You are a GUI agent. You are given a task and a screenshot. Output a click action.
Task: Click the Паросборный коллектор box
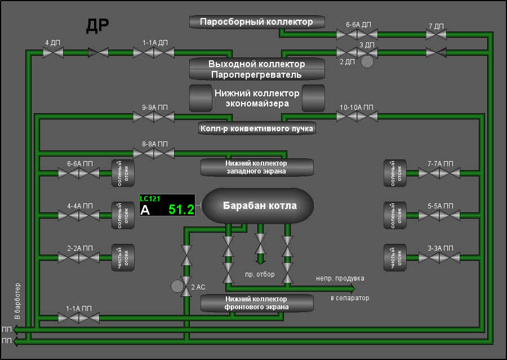click(x=257, y=22)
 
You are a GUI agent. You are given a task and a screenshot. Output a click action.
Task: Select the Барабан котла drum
click(x=258, y=206)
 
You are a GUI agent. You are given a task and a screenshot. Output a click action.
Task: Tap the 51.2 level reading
click(x=181, y=210)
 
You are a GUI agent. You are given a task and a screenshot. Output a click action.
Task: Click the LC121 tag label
click(x=150, y=199)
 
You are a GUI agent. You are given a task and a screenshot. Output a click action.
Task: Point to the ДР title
click(x=97, y=26)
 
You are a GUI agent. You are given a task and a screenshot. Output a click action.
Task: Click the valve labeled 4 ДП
click(x=53, y=52)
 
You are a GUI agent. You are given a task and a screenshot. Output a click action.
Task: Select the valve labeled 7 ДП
click(x=436, y=34)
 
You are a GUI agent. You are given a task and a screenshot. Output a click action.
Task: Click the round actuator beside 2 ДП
click(x=367, y=61)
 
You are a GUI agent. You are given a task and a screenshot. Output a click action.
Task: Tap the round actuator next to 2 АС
click(x=177, y=286)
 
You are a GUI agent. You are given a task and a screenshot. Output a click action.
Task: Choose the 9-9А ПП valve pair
click(x=154, y=117)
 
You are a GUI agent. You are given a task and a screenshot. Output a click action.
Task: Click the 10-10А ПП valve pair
click(x=357, y=117)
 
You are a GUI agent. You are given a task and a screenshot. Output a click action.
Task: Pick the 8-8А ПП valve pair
click(x=154, y=153)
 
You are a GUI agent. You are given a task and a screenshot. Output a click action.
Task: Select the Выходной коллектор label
click(x=257, y=64)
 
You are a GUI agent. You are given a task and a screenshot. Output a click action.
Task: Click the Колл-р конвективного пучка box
click(x=257, y=128)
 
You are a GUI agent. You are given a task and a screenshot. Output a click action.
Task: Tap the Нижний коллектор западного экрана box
click(x=257, y=167)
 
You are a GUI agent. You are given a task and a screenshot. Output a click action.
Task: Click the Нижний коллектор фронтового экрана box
click(x=257, y=303)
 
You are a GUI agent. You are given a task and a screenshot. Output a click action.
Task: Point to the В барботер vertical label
click(x=17, y=301)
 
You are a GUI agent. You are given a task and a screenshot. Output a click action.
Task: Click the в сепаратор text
click(x=350, y=298)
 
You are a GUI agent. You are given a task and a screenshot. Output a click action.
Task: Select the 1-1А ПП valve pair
click(x=79, y=318)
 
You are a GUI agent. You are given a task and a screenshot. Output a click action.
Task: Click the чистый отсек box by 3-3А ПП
click(x=395, y=258)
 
